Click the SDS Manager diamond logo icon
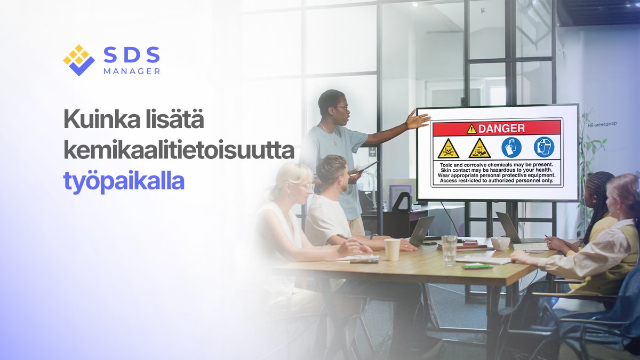coord(79,60)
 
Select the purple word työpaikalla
coord(124,181)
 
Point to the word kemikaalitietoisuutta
coord(179,151)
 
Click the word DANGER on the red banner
coord(501,128)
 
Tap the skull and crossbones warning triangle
coord(449,148)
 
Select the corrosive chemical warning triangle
coord(479,148)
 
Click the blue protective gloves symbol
coord(511,147)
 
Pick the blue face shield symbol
coord(543,147)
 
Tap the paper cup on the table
coord(392,249)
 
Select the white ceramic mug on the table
coord(500,244)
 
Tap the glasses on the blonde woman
coord(305,186)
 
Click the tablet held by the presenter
coord(366,167)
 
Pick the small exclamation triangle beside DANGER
coord(471,129)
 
